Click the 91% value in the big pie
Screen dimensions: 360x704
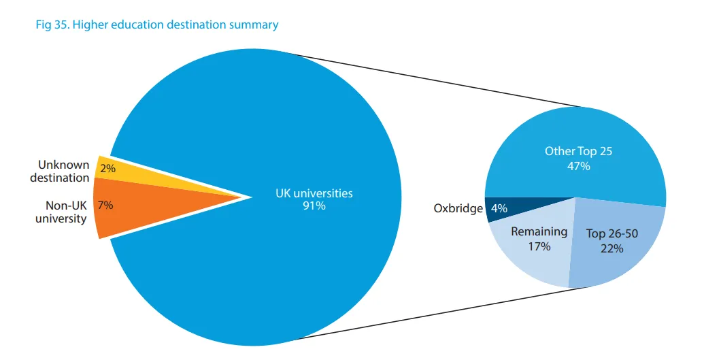(x=314, y=206)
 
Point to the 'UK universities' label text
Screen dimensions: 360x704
(x=314, y=193)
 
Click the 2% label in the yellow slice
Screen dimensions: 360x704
(x=107, y=168)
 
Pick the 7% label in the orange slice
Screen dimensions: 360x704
(x=105, y=205)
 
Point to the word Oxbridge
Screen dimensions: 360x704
(x=458, y=208)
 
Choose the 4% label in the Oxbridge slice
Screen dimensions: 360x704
(x=499, y=208)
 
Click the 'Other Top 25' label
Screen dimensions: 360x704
(x=578, y=151)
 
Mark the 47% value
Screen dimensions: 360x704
(x=578, y=165)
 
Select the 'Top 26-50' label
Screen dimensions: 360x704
(x=611, y=234)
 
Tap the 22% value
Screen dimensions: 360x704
(x=611, y=248)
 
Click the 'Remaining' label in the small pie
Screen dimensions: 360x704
(x=539, y=231)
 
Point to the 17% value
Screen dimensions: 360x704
(x=539, y=246)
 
